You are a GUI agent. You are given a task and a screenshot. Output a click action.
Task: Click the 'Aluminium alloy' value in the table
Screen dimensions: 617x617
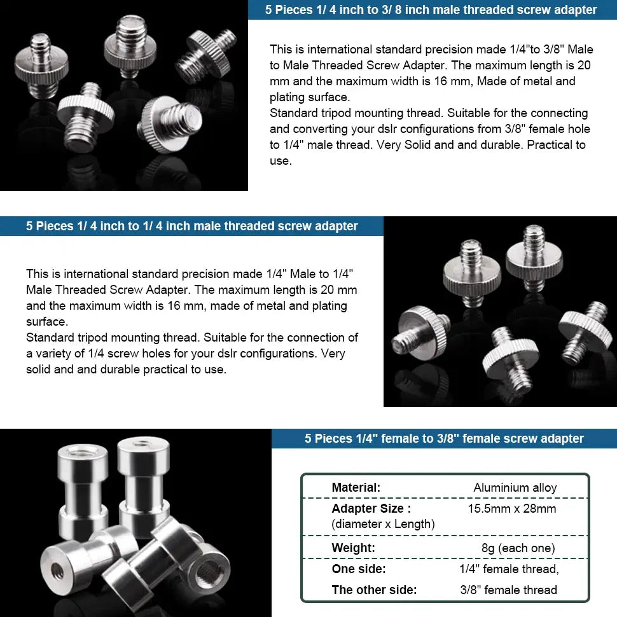click(515, 488)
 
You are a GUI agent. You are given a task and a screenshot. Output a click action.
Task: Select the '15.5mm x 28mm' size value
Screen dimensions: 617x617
click(511, 508)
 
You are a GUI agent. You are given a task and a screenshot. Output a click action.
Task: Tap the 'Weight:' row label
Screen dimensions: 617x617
click(353, 548)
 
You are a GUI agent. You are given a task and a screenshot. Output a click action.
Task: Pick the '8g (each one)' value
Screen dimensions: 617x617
click(518, 548)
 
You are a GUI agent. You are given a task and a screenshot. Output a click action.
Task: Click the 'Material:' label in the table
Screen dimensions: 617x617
click(356, 488)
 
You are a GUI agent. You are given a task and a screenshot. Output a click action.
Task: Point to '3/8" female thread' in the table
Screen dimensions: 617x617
click(508, 590)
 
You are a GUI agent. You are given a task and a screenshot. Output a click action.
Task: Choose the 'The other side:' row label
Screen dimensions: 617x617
click(374, 590)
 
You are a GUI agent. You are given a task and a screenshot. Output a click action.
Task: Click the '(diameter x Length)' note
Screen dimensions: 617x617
click(383, 524)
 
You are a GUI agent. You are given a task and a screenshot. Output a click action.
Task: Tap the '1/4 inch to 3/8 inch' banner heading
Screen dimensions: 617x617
click(431, 10)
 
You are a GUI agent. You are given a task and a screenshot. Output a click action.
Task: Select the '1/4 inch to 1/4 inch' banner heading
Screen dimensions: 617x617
click(191, 226)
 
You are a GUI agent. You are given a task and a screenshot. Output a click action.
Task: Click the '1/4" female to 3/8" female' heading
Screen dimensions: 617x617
click(444, 438)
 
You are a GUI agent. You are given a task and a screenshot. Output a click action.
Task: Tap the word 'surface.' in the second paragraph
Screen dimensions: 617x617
click(47, 321)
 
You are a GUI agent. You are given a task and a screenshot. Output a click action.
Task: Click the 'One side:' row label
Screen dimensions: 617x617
click(358, 569)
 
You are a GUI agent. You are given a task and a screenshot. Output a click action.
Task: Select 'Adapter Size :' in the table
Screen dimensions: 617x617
click(371, 508)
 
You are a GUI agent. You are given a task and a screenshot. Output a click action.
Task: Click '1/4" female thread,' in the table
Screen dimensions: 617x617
click(509, 569)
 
